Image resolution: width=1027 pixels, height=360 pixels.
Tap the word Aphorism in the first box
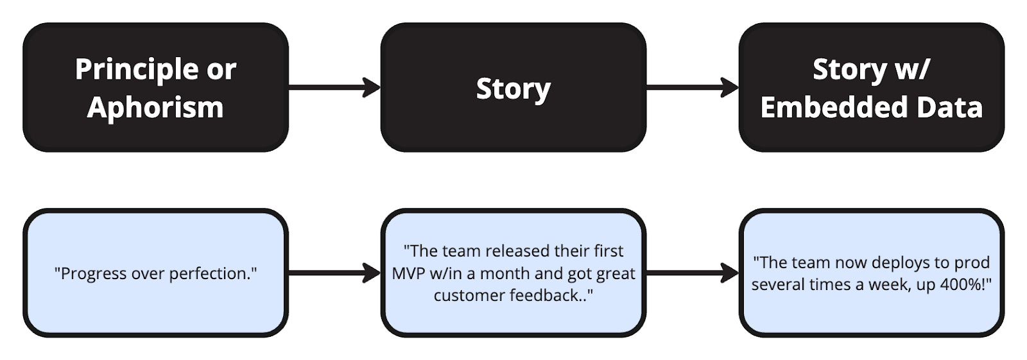click(155, 107)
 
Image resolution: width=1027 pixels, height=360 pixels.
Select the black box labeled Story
click(513, 88)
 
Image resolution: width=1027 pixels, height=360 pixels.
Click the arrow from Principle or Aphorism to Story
click(334, 87)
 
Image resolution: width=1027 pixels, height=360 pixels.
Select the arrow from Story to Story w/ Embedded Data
click(692, 87)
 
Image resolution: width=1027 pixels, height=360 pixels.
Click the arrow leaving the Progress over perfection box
click(334, 273)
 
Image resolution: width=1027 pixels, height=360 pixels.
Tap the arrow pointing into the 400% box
click(692, 273)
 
